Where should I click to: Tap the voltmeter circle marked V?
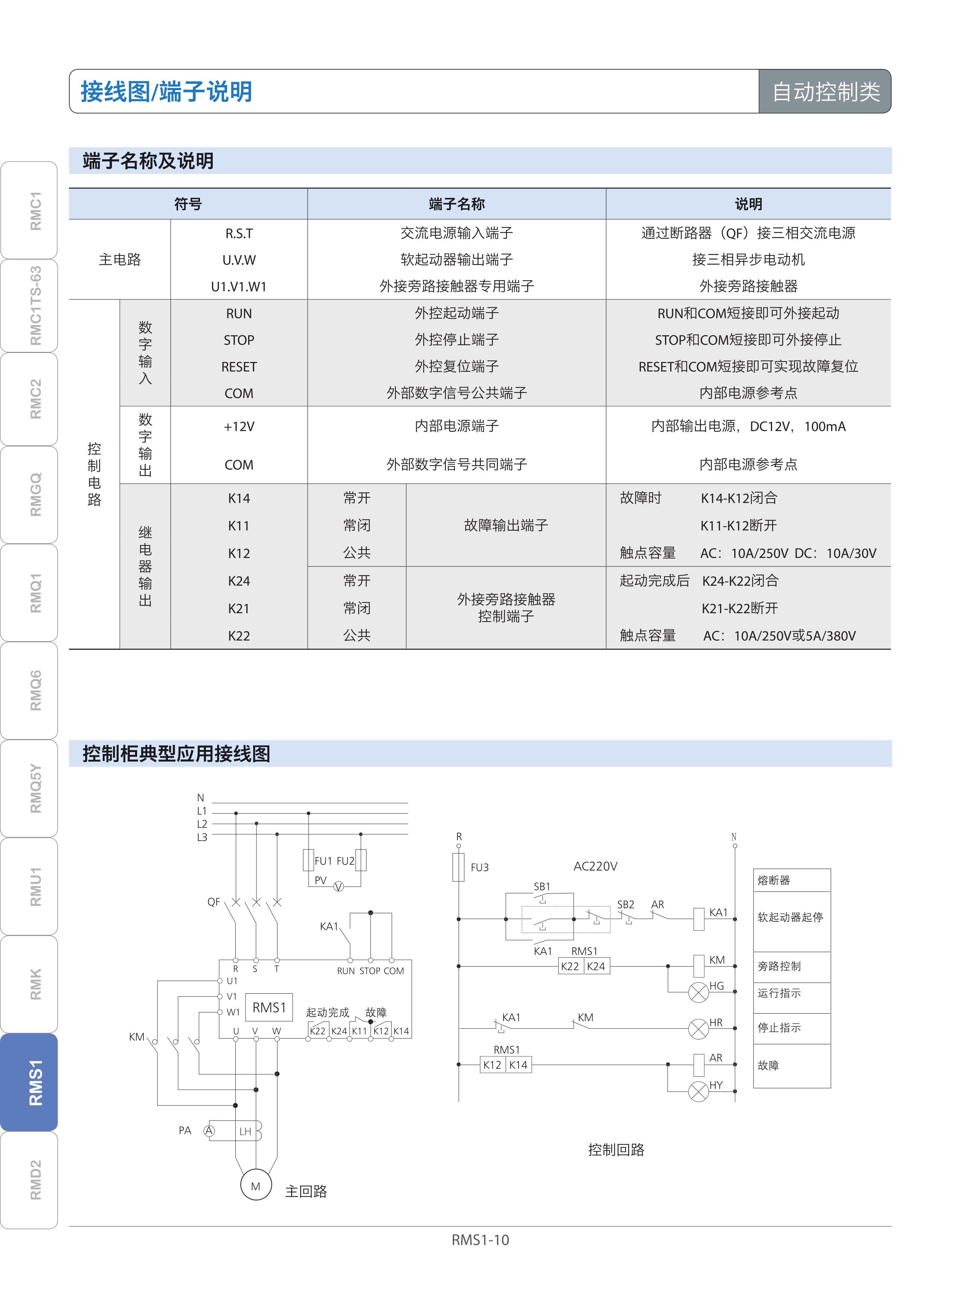point(339,887)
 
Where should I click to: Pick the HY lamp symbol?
point(698,1091)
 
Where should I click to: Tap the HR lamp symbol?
point(698,1029)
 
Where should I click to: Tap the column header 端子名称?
point(457,204)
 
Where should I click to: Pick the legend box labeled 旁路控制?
point(791,966)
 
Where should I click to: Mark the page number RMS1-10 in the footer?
point(480,1240)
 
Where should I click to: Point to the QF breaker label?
point(214,902)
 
